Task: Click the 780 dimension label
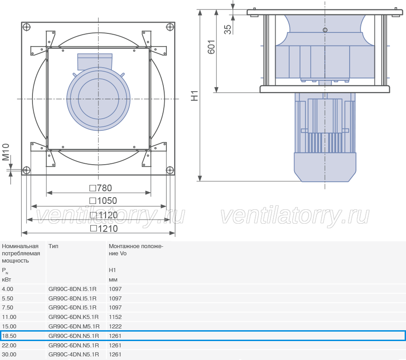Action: click(101, 188)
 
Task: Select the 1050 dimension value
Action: click(103, 201)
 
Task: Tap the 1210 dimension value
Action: click(104, 229)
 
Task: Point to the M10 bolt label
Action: click(6, 152)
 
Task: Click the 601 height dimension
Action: click(211, 47)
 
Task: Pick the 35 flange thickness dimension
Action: click(228, 29)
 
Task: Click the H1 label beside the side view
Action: click(194, 96)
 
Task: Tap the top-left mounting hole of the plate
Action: click(27, 27)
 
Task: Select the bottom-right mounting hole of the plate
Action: click(170, 170)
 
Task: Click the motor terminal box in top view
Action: click(95, 61)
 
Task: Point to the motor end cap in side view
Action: click(325, 167)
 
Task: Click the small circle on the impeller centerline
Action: click(325, 30)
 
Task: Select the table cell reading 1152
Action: click(115, 317)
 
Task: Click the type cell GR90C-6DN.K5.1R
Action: click(74, 317)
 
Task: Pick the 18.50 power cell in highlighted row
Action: click(9, 336)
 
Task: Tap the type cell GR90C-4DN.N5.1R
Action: click(74, 355)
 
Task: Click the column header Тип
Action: click(53, 246)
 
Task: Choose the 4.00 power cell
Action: click(8, 289)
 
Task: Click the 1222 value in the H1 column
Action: click(115, 326)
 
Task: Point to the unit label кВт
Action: click(6, 280)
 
